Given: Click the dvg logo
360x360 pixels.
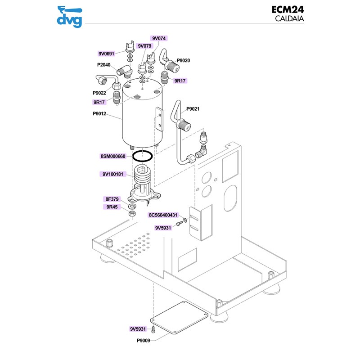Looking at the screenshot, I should click(70, 16).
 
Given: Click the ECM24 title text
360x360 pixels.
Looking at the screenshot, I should click(287, 9).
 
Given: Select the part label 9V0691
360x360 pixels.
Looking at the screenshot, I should click(106, 54).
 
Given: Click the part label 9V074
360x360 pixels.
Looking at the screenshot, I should click(159, 39).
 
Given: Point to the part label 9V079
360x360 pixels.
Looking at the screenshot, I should click(145, 46).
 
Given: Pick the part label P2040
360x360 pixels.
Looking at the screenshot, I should click(103, 65).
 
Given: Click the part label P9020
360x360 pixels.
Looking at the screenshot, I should click(183, 60).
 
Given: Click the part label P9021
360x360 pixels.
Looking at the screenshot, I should click(193, 109).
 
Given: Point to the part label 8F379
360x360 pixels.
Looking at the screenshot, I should click(112, 198).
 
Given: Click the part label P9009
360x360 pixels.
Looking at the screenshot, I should click(144, 340).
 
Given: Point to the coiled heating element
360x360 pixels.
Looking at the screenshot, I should click(143, 178).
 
